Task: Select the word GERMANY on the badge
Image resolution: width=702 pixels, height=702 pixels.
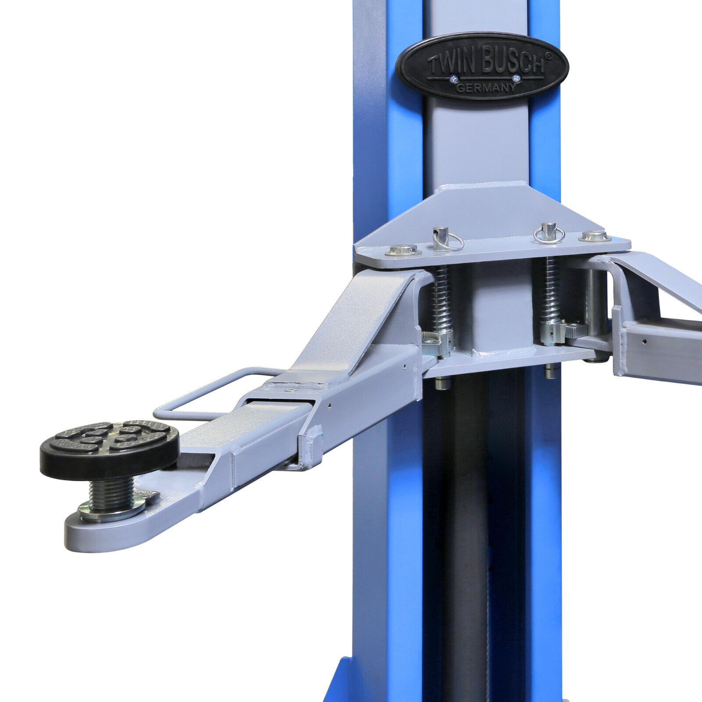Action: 486,87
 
